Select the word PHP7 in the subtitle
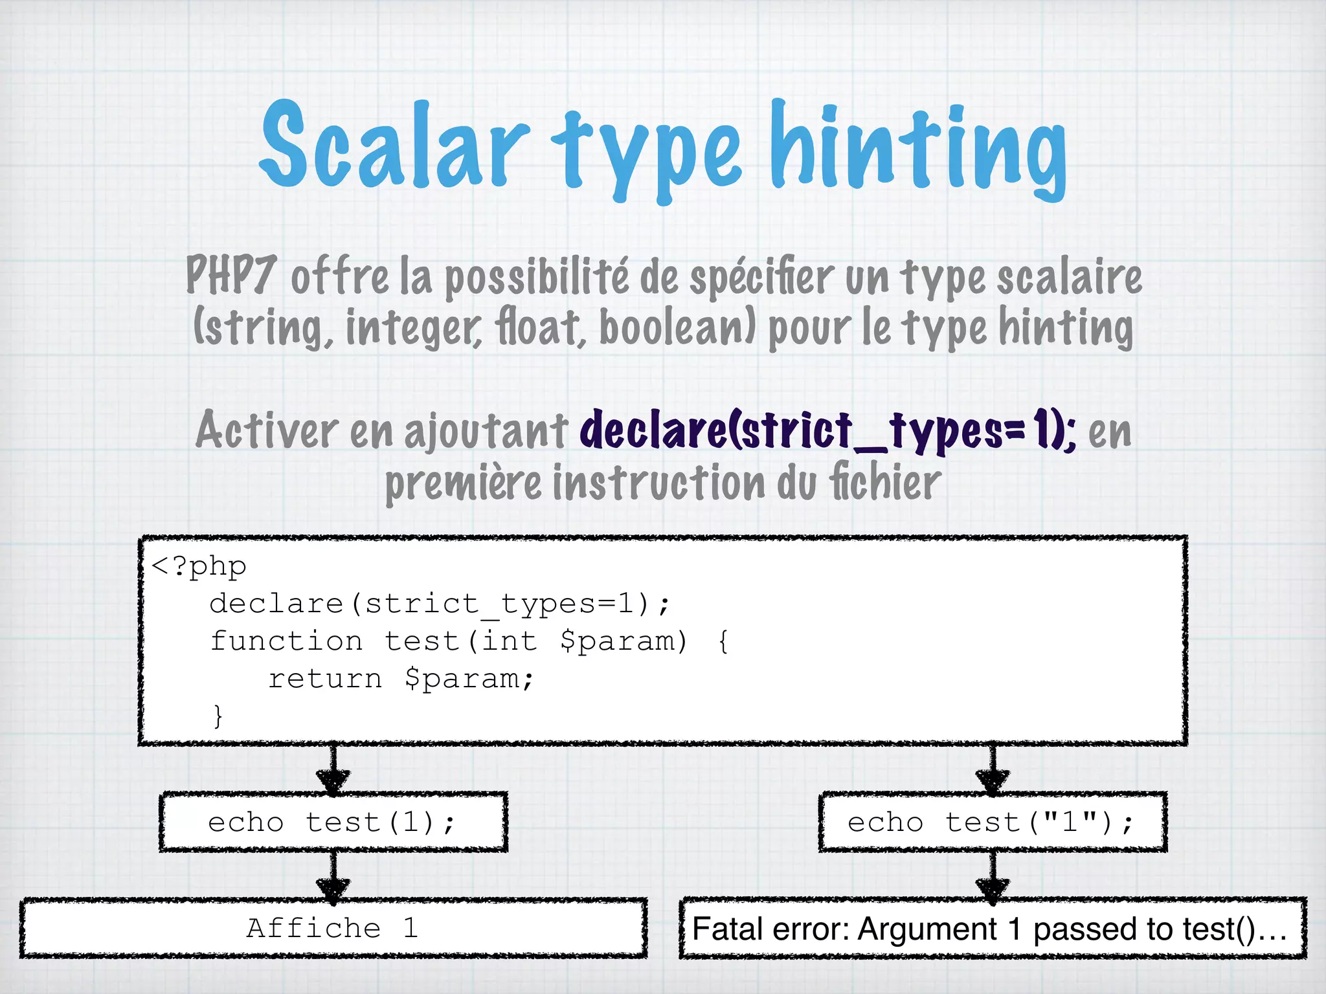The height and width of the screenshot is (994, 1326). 231,275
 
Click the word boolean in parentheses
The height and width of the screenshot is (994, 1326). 677,327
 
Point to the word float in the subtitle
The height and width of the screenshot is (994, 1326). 540,327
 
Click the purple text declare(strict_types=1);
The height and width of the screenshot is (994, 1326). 827,430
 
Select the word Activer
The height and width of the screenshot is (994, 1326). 267,430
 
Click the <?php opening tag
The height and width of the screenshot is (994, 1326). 199,566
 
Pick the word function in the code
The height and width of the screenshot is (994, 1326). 287,641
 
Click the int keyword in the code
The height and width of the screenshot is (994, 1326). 510,641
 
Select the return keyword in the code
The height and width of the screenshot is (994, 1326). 325,679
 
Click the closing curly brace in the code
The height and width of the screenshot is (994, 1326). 218,716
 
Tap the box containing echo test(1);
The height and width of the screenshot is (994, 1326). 333,822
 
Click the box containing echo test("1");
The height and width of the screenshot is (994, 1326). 992,822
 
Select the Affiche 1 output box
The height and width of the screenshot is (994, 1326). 333,928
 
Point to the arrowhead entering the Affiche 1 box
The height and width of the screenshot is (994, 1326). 333,892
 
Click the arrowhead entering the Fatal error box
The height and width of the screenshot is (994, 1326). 992,892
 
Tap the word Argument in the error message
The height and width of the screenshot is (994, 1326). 927,929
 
